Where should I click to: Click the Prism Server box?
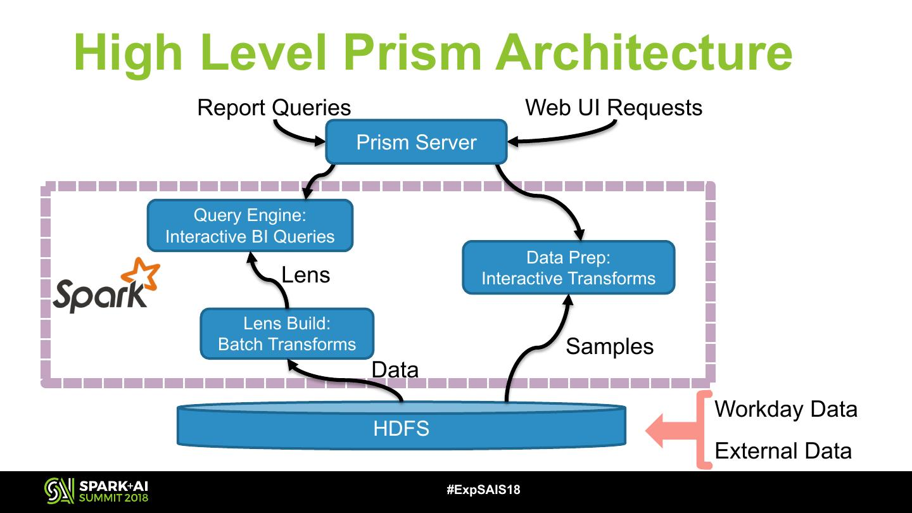(x=416, y=142)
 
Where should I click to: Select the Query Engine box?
(x=250, y=226)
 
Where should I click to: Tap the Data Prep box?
(x=568, y=268)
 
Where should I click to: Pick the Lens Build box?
(x=287, y=334)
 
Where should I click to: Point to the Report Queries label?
(x=274, y=108)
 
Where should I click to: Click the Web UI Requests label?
(x=613, y=108)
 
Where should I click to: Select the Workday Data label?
(x=785, y=409)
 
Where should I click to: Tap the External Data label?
(x=783, y=451)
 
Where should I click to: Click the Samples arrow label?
(x=609, y=346)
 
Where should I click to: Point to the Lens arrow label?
(x=305, y=275)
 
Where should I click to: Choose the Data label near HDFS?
(x=395, y=369)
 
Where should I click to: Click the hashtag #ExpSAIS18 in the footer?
(x=483, y=490)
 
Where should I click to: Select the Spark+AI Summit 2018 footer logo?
(x=96, y=490)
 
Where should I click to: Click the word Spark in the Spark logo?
(x=98, y=296)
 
